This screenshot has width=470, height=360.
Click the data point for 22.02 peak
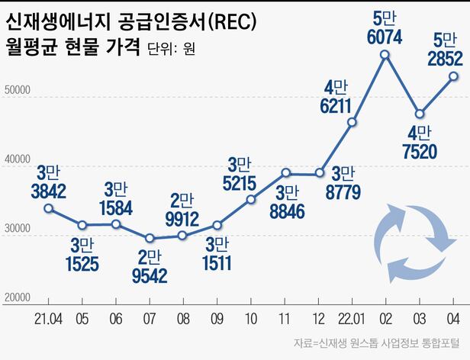click(385, 54)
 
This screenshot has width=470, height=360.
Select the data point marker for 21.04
click(48, 208)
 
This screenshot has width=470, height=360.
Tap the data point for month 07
click(150, 238)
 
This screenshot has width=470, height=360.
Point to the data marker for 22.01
click(352, 122)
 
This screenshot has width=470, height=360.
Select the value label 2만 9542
click(150, 266)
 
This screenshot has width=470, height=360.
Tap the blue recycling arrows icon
click(413, 243)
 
